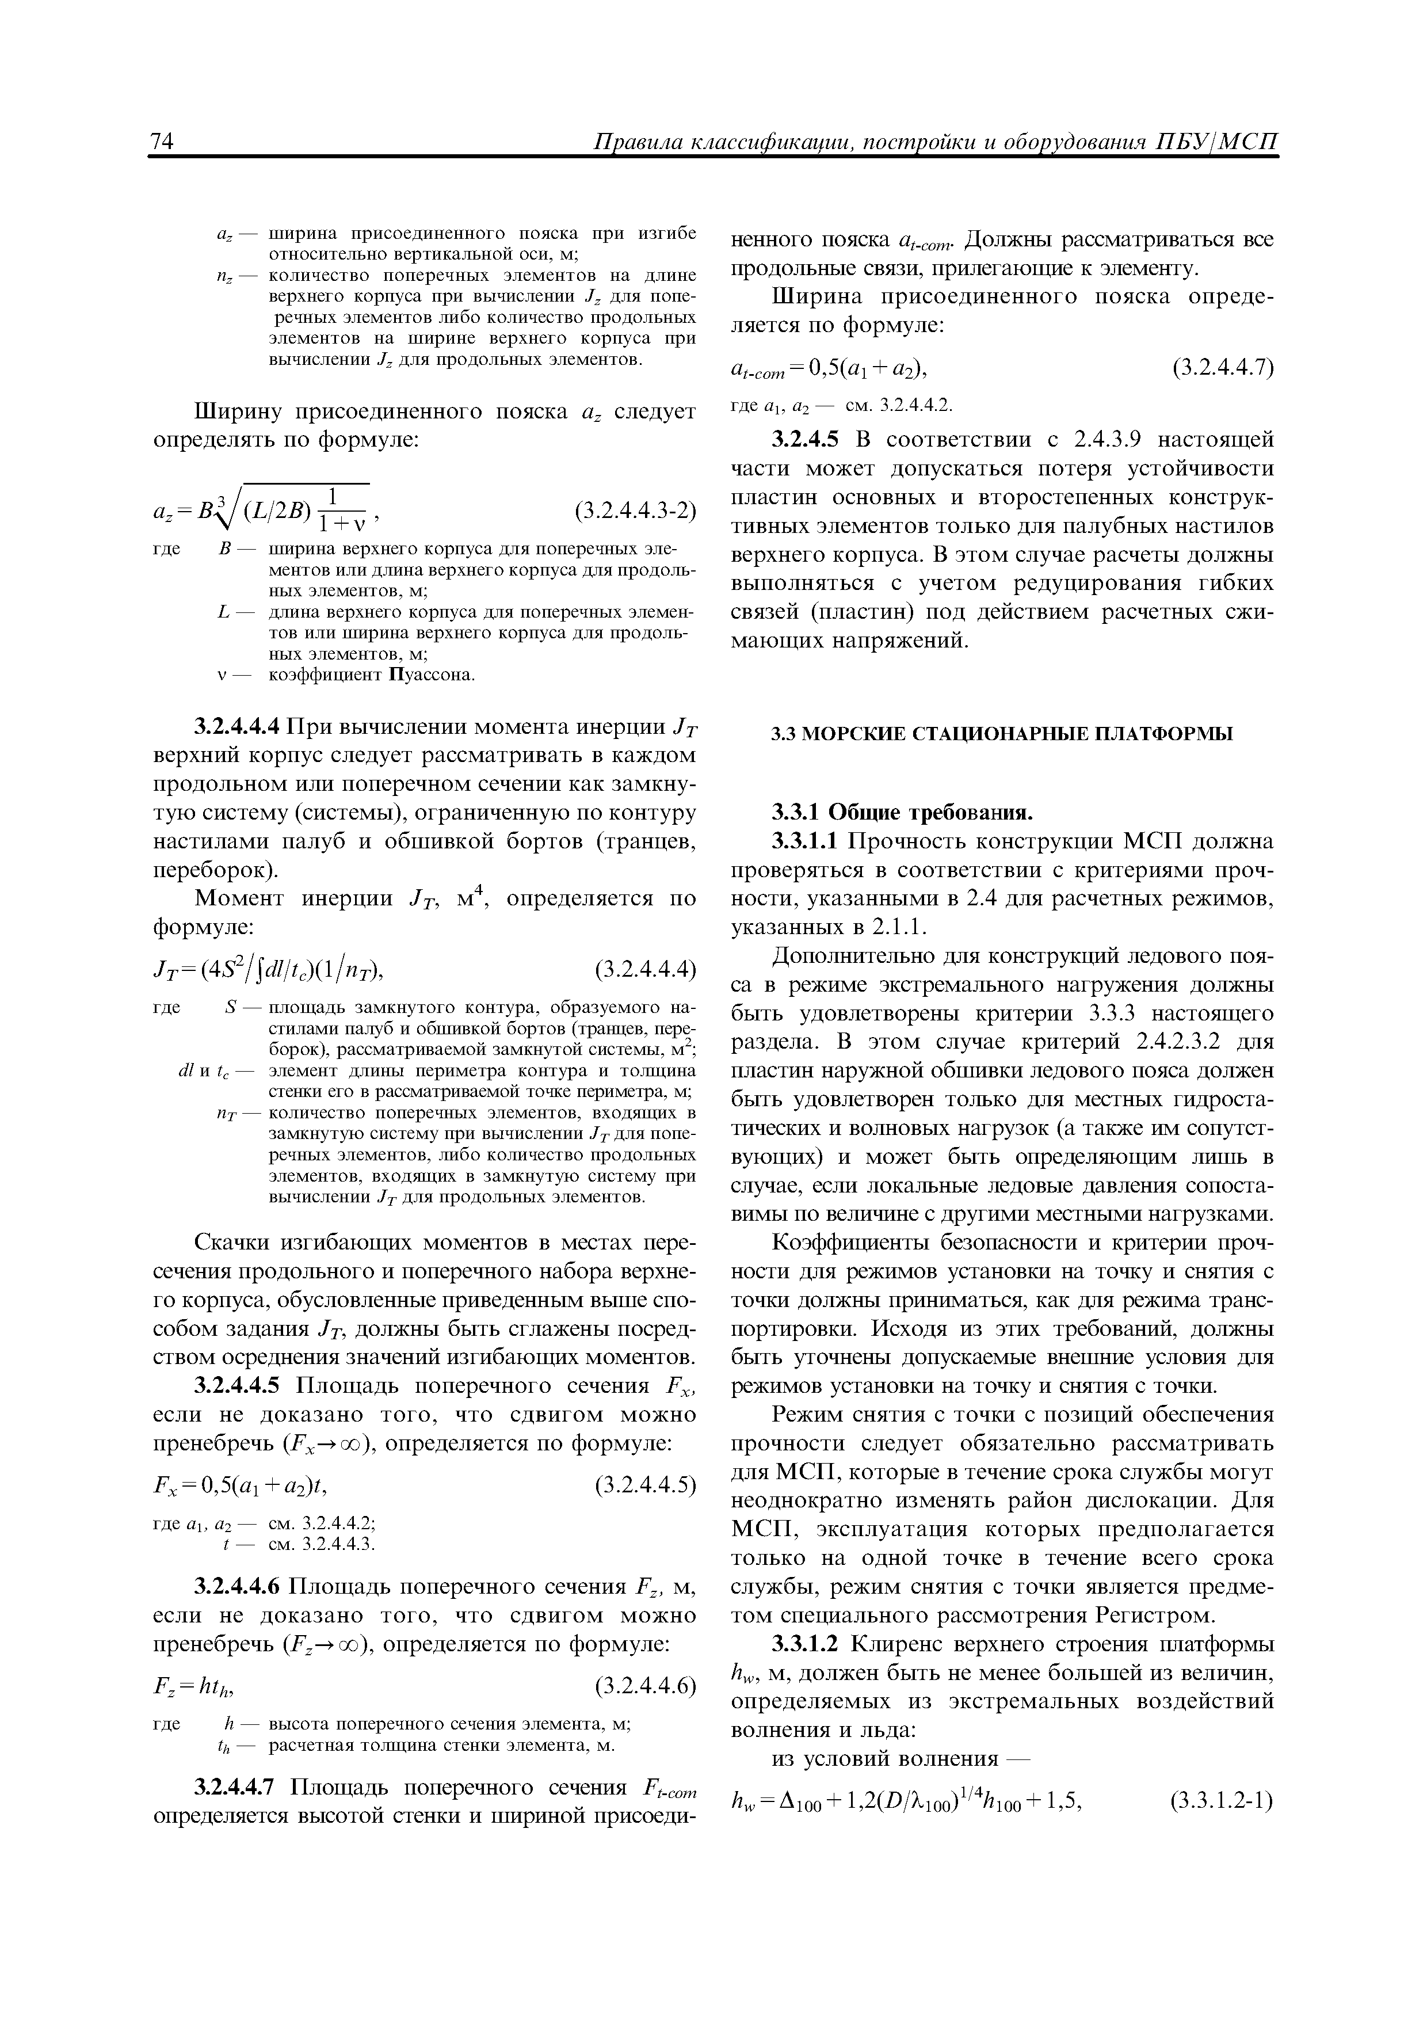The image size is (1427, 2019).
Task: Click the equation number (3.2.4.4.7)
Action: click(x=1223, y=367)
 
